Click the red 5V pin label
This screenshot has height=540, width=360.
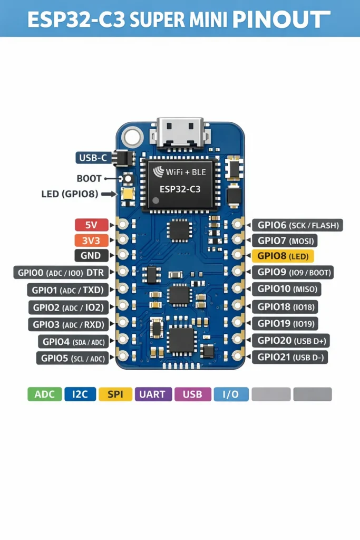click(x=91, y=225)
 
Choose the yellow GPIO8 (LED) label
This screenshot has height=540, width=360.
click(x=283, y=256)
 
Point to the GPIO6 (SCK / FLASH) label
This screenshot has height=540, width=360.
click(x=298, y=225)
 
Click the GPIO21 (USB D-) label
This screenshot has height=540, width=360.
click(x=290, y=358)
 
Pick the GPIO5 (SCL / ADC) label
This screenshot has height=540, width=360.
click(x=73, y=358)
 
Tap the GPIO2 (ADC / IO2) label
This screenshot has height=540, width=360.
click(x=68, y=307)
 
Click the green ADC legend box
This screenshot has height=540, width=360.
click(x=44, y=394)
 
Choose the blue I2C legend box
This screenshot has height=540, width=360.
click(x=80, y=394)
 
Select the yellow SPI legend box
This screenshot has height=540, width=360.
click(x=115, y=394)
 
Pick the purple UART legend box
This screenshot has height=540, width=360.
click(x=153, y=394)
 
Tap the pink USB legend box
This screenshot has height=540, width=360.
click(x=192, y=394)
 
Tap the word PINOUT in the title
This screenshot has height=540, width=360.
click(x=277, y=20)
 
